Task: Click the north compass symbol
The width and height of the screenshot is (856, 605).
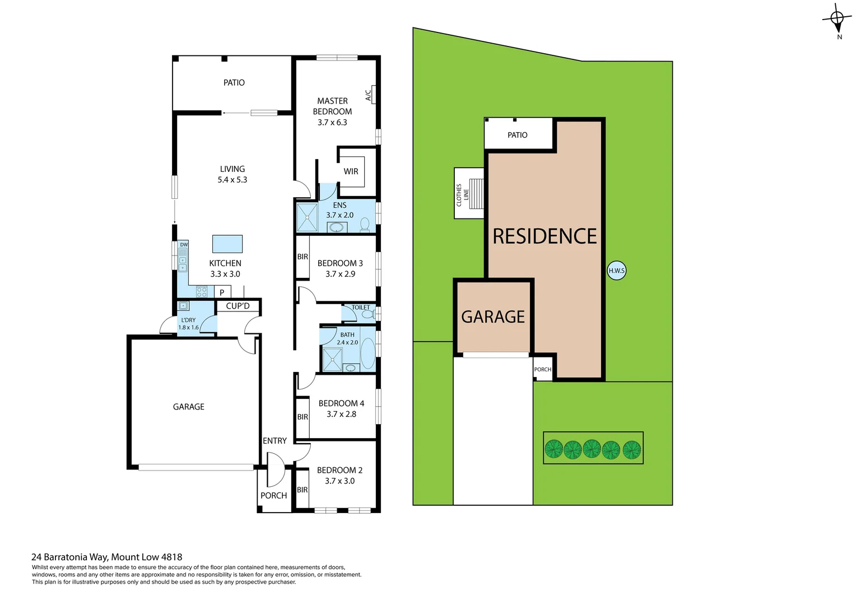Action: pyautogui.click(x=837, y=20)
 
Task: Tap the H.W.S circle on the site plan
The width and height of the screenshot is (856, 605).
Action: pyautogui.click(x=616, y=271)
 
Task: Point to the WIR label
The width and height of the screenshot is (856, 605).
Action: pyautogui.click(x=351, y=171)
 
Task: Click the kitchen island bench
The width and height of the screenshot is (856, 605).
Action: pyautogui.click(x=227, y=244)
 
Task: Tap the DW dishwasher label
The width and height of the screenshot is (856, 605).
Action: pyautogui.click(x=184, y=245)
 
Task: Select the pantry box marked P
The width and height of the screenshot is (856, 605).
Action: pyautogui.click(x=222, y=292)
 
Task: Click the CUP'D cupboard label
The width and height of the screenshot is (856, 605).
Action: pyautogui.click(x=238, y=306)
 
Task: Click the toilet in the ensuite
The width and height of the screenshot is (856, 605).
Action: pyautogui.click(x=365, y=225)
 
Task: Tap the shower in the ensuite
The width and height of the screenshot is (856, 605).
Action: pyautogui.click(x=306, y=218)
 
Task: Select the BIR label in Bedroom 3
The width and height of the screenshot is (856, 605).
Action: pyautogui.click(x=303, y=257)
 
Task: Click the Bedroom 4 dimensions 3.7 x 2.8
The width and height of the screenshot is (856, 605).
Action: pyautogui.click(x=341, y=414)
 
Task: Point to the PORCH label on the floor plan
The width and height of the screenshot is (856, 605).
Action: pyautogui.click(x=273, y=495)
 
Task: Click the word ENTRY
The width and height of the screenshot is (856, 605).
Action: pyautogui.click(x=275, y=441)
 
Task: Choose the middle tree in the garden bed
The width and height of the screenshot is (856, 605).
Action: pyautogui.click(x=592, y=449)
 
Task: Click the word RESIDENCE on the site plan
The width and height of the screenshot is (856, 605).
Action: pyautogui.click(x=545, y=236)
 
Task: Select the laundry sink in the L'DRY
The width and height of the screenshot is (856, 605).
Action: pyautogui.click(x=183, y=306)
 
